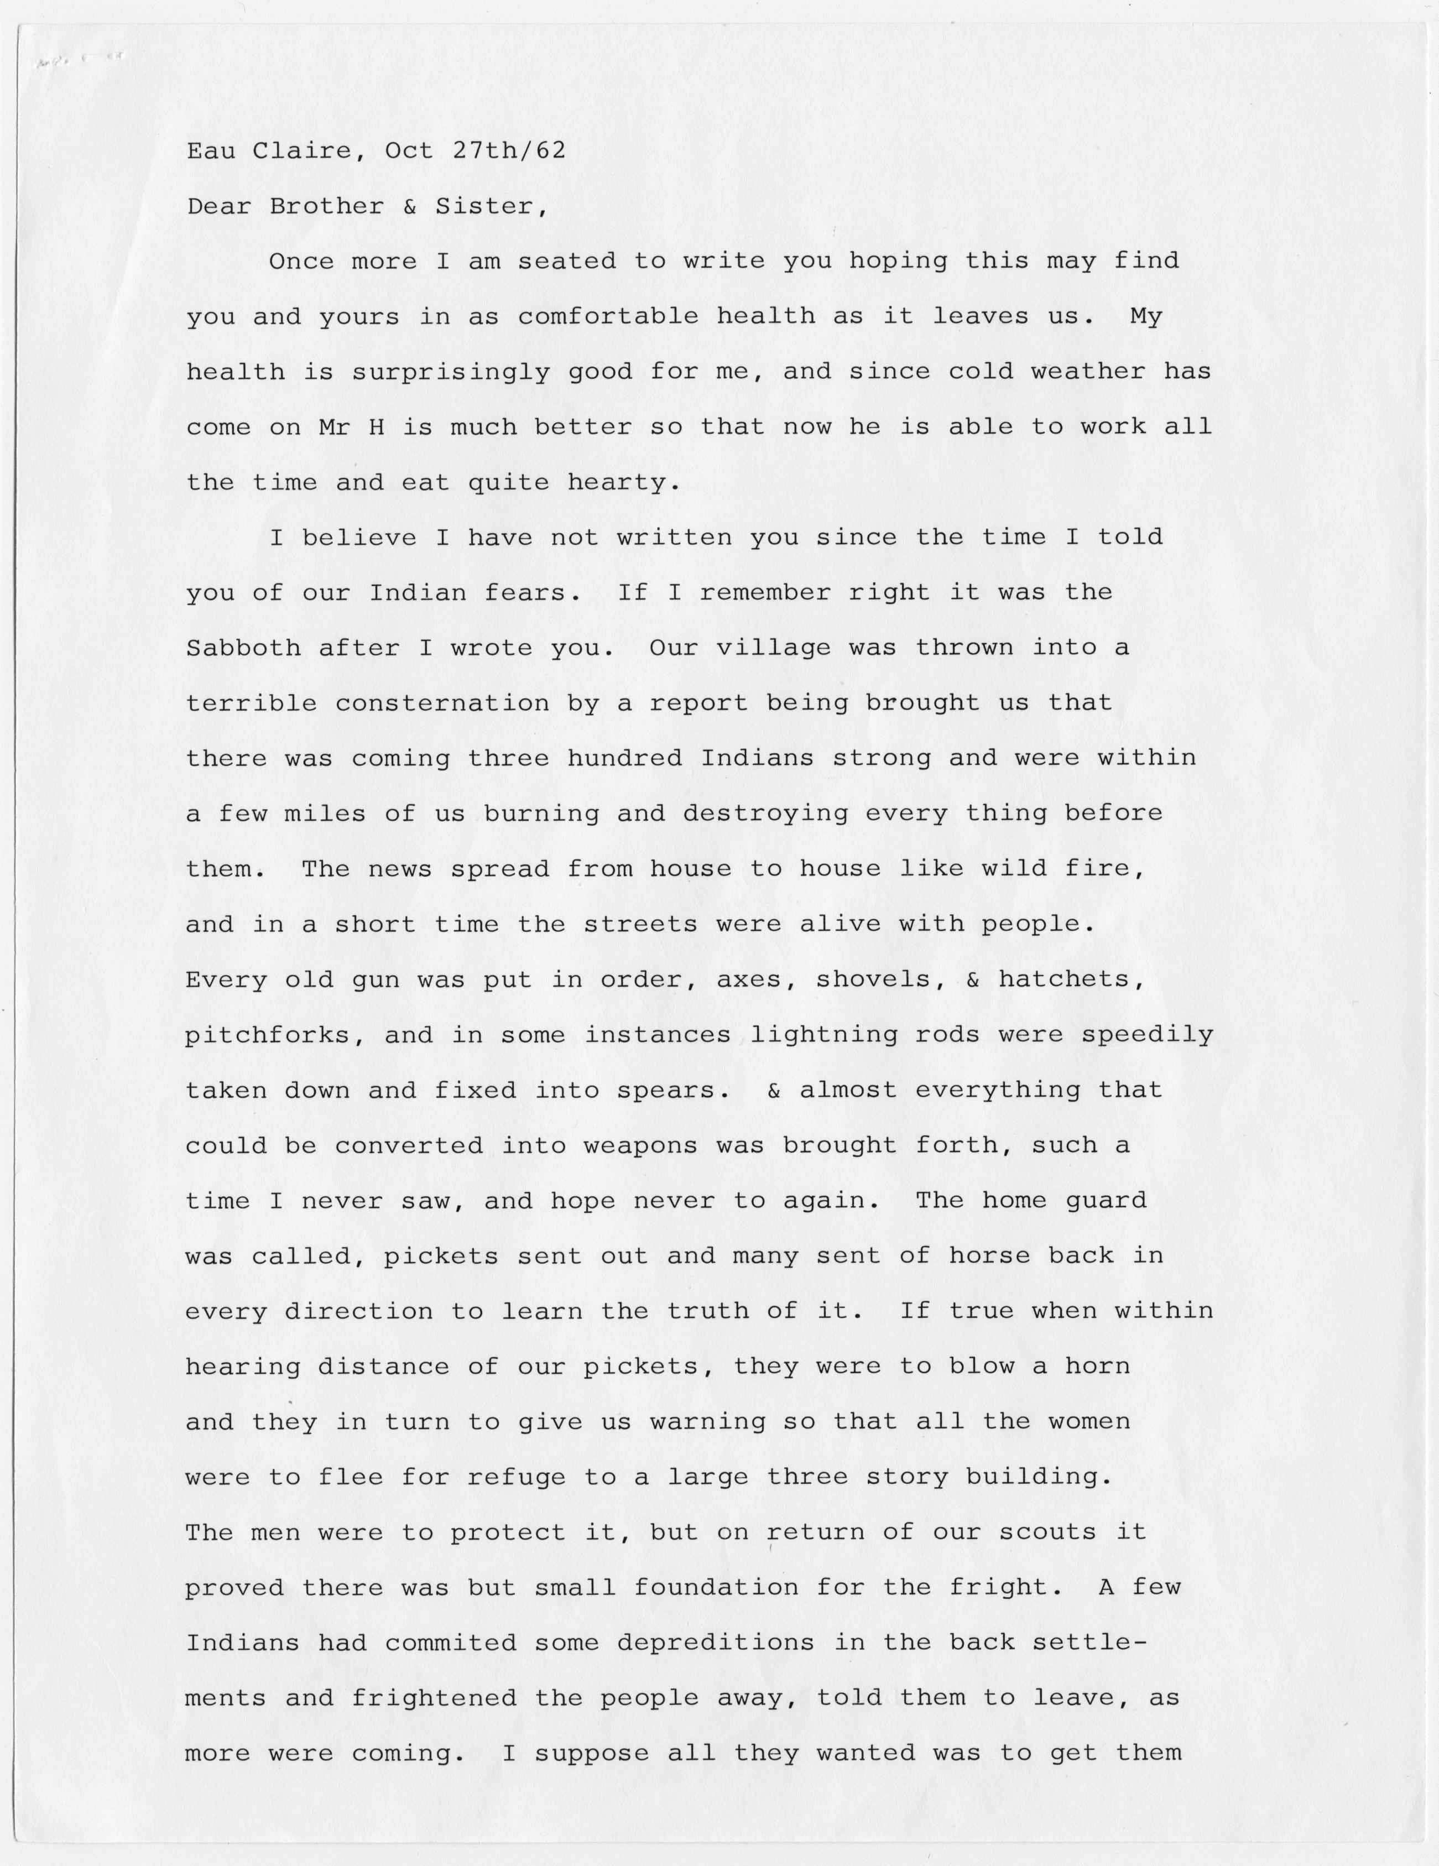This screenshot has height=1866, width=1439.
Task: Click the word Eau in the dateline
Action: pos(211,151)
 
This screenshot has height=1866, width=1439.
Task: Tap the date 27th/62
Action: pos(508,151)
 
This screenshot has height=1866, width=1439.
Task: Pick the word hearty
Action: pos(624,483)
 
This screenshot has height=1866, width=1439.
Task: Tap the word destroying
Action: pos(765,814)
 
